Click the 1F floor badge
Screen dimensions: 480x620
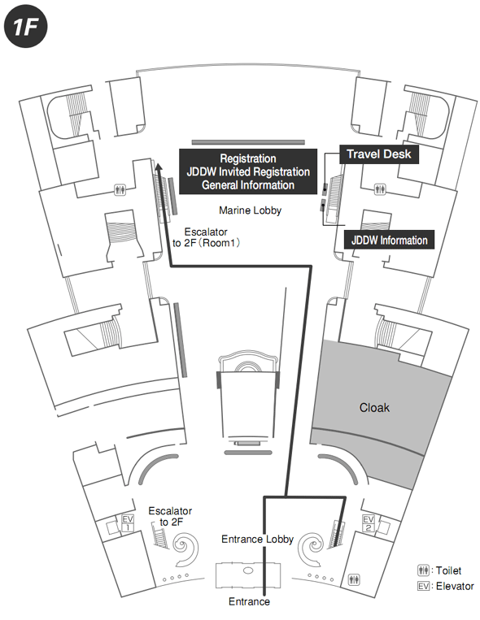[26, 27]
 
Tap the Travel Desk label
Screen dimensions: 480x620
[379, 154]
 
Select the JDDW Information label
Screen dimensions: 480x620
[389, 240]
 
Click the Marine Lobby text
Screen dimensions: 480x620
[251, 210]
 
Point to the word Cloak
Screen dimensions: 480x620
[374, 408]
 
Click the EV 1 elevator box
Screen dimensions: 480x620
[128, 522]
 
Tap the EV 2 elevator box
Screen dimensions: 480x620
[369, 522]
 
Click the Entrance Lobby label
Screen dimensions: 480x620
[257, 540]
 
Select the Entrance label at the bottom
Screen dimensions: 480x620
[250, 602]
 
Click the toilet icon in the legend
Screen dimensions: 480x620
[423, 570]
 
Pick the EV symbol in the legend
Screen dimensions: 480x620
[423, 586]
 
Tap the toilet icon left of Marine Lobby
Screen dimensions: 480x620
[120, 190]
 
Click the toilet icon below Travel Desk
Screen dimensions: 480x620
[380, 189]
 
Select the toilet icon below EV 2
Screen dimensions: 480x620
[354, 579]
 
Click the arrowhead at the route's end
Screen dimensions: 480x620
[159, 167]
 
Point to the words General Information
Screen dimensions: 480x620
[248, 185]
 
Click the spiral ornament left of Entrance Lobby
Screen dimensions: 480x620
[185, 548]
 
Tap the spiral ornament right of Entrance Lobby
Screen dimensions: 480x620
[312, 548]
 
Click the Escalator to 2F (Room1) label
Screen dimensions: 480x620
[206, 237]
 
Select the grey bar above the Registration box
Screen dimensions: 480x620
[248, 142]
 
